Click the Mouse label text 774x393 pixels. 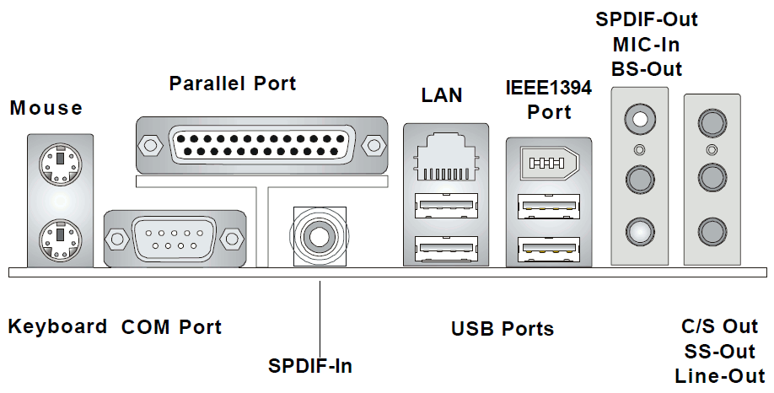click(x=46, y=108)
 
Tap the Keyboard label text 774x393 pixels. click(x=58, y=326)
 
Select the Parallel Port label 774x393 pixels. click(x=233, y=83)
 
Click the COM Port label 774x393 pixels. click(x=172, y=327)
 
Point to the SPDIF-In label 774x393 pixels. click(x=310, y=366)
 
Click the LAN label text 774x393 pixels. click(x=442, y=95)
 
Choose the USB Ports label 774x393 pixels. click(x=503, y=329)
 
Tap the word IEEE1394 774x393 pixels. click(x=548, y=88)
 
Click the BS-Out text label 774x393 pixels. click(x=647, y=69)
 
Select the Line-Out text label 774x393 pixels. click(x=720, y=376)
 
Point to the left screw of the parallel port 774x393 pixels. click(x=149, y=146)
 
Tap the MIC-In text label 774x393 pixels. click(x=648, y=44)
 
